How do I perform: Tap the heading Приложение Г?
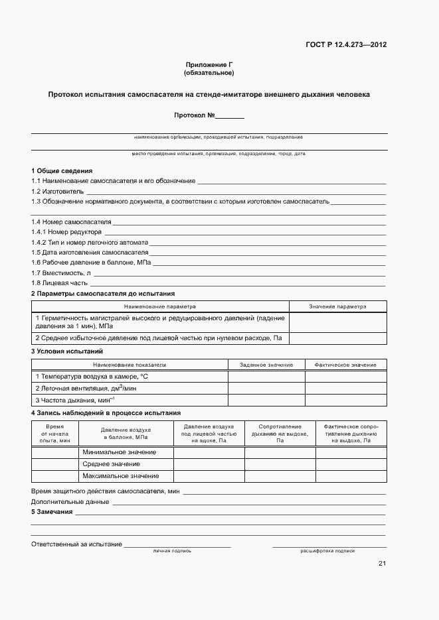point(209,64)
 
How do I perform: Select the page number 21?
point(382,564)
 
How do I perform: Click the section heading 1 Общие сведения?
point(62,171)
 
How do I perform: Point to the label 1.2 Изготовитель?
point(57,191)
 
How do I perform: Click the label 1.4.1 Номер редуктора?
point(66,232)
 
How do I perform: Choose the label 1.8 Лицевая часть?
point(59,282)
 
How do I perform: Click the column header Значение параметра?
point(337,307)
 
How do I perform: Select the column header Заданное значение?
point(266,365)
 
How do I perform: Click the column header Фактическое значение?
point(345,365)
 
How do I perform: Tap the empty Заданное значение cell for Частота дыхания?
point(266,400)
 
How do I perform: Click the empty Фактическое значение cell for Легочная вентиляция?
point(345,388)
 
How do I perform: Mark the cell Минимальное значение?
point(120,452)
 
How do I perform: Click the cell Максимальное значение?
point(121,476)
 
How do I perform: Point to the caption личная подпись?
point(172,551)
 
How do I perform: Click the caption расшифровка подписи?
point(327,551)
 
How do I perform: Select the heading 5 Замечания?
point(52,512)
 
